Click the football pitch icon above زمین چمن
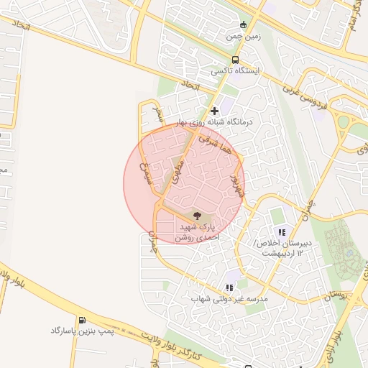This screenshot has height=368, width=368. pyautogui.click(x=242, y=24)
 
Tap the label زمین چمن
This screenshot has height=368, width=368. pyautogui.click(x=242, y=35)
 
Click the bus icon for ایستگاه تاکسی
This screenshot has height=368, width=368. pyautogui.click(x=236, y=60)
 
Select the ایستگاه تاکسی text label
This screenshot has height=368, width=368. pyautogui.click(x=235, y=72)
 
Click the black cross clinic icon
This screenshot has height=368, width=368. pyautogui.click(x=214, y=111)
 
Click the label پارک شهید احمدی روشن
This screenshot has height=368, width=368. pyautogui.click(x=196, y=230)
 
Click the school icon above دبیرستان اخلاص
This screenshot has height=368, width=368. pyautogui.click(x=282, y=232)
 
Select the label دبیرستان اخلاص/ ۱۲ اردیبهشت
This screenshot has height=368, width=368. pyautogui.click(x=281, y=249)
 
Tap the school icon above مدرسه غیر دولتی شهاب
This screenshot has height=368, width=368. pyautogui.click(x=229, y=287)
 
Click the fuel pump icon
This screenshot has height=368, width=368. pyautogui.click(x=81, y=320)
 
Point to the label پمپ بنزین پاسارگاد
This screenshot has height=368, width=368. pyautogui.click(x=81, y=331)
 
